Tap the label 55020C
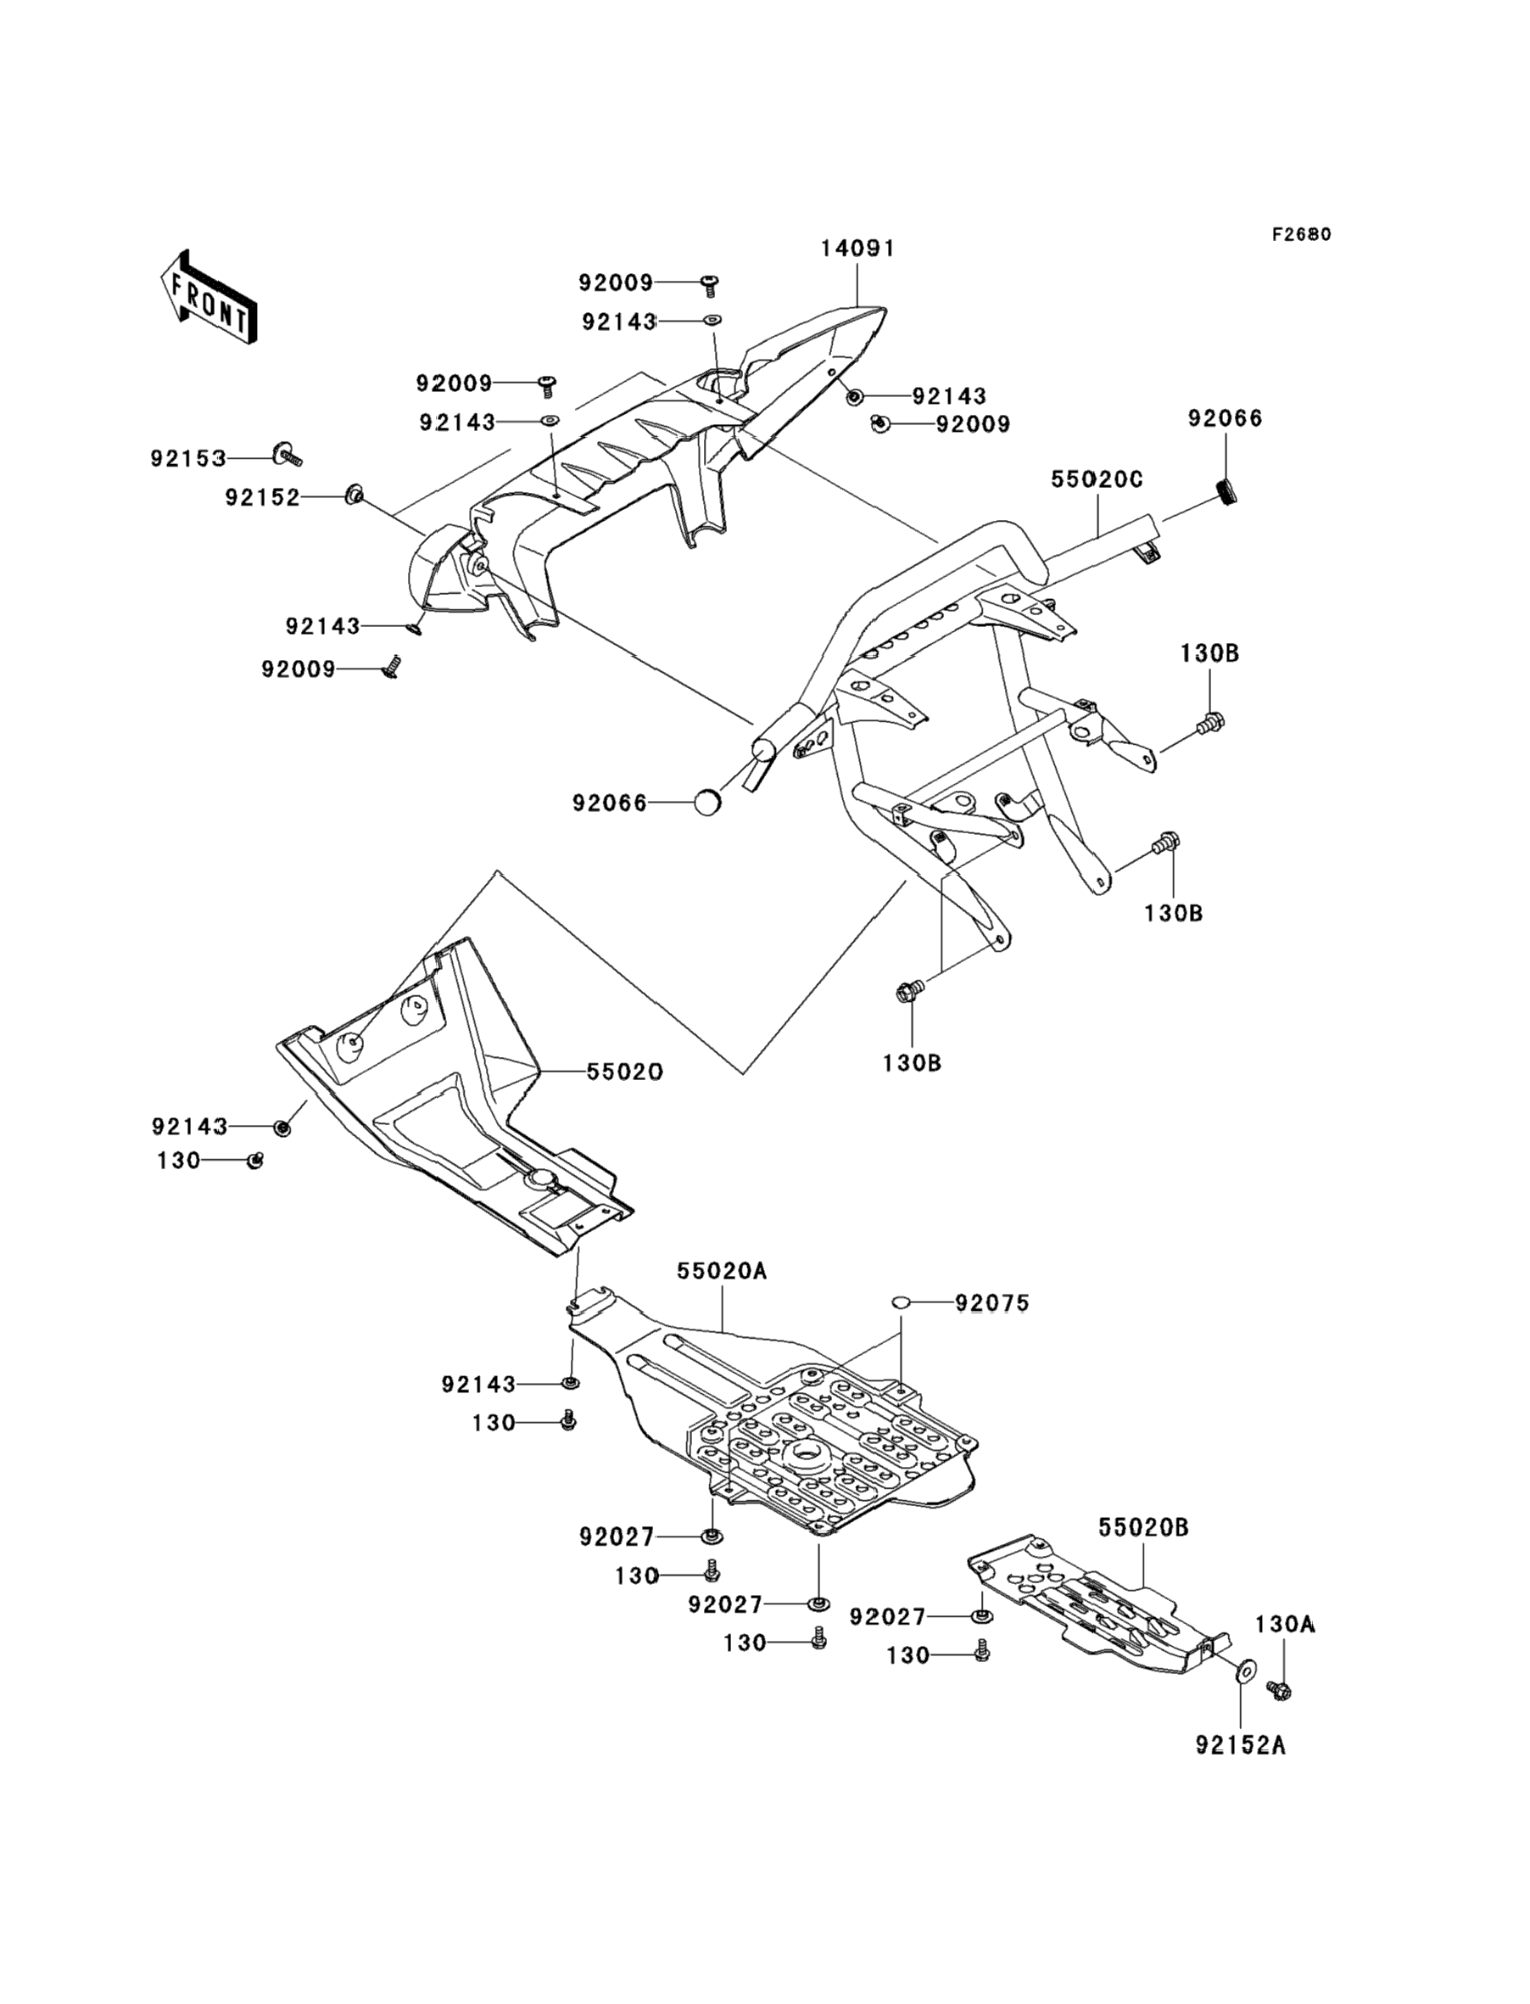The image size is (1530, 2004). point(1097,479)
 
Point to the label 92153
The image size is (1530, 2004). point(188,458)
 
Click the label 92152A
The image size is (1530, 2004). point(1241,1745)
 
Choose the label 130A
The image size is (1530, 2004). point(1285,1624)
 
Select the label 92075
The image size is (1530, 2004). point(991,1303)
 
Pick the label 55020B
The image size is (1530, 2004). point(1143,1527)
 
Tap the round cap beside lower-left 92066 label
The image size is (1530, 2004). point(707,803)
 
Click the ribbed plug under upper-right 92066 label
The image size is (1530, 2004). point(1227,493)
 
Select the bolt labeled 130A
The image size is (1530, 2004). point(1280,1691)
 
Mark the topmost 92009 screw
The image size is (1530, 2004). point(708,285)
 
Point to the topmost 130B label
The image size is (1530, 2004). point(1209,653)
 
